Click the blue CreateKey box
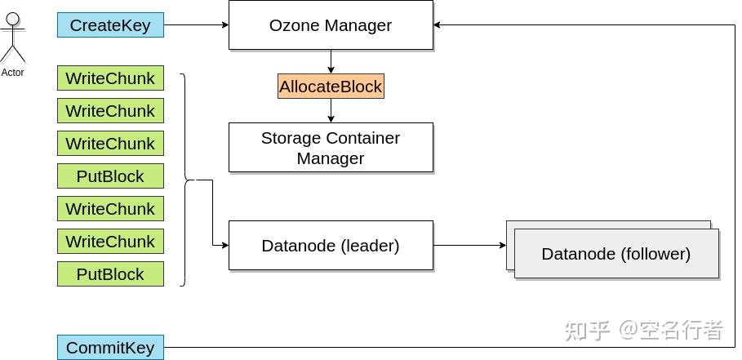click(x=110, y=25)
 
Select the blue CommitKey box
click(x=110, y=348)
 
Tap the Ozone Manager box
click(x=331, y=25)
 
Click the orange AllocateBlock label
click(x=331, y=87)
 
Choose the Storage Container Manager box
click(x=331, y=148)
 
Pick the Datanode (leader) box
click(x=331, y=246)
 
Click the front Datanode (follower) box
click(x=616, y=254)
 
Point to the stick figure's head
click(x=13, y=19)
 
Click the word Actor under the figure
click(x=13, y=73)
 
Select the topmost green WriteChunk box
click(x=110, y=78)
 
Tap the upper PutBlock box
click(x=110, y=176)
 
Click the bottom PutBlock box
click(x=110, y=274)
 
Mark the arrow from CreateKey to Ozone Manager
click(x=196, y=25)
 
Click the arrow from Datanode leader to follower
click(x=469, y=245)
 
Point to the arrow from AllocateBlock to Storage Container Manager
click(x=331, y=110)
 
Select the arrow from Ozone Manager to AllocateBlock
click(x=331, y=62)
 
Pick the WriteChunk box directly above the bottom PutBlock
click(x=110, y=242)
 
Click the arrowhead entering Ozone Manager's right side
click(x=438, y=25)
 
